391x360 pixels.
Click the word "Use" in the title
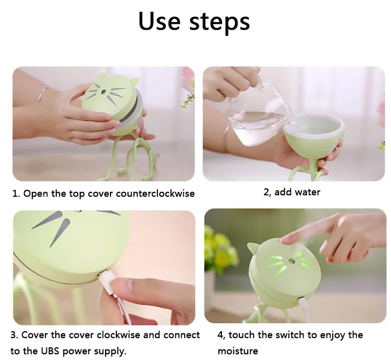159,21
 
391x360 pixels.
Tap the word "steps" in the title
219,22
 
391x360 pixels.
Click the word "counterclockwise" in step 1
155,194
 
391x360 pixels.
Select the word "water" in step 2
307,192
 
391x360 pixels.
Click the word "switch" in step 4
290,335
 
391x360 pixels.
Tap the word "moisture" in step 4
238,351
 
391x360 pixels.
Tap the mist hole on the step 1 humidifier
102,93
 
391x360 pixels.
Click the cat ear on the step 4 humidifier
253,247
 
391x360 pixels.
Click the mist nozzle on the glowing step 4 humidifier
291,261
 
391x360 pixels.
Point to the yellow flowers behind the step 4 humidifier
219,247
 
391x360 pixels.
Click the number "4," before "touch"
221,335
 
